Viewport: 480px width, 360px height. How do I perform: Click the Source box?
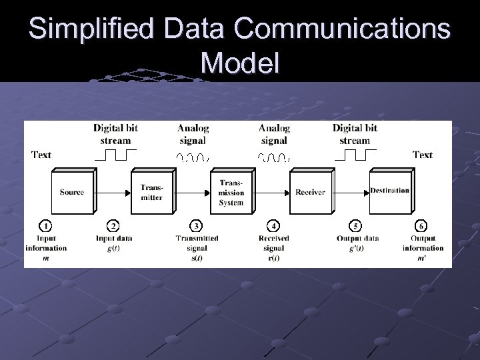(x=71, y=192)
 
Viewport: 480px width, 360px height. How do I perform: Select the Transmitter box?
(x=151, y=192)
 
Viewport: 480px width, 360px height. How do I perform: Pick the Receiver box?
(x=310, y=192)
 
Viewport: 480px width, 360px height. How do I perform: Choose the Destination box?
(x=389, y=191)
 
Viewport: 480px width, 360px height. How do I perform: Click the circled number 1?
(x=45, y=226)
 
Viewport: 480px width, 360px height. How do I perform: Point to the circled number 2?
(x=113, y=226)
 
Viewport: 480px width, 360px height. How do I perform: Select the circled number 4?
(x=273, y=226)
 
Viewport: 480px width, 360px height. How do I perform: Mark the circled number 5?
(x=356, y=226)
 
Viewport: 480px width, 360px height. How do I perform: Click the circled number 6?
(x=422, y=226)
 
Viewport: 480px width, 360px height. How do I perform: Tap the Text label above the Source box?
(x=41, y=155)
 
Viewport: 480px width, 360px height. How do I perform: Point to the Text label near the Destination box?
(x=423, y=155)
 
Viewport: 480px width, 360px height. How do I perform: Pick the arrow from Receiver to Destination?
(x=351, y=192)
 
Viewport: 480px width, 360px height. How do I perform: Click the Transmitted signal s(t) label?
(x=197, y=247)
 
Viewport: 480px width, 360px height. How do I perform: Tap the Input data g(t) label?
(x=113, y=243)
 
